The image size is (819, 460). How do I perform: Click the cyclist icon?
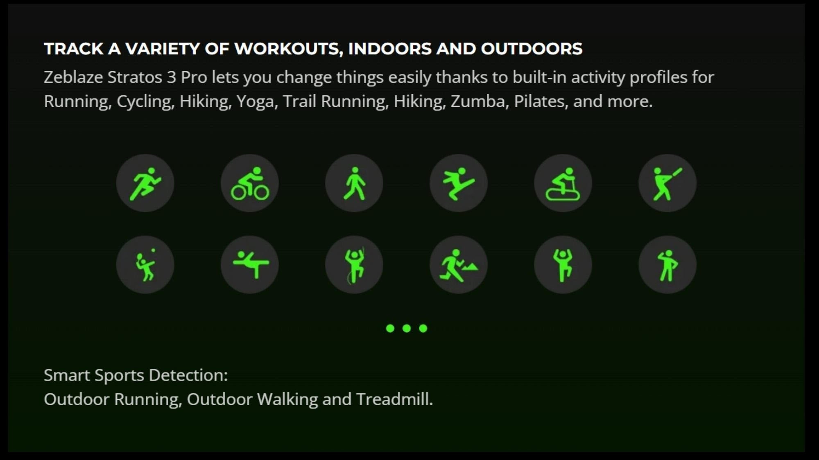250,183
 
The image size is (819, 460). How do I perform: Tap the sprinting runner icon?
145,183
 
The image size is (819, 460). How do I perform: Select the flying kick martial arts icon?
459,183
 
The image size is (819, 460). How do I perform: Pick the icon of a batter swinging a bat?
667,183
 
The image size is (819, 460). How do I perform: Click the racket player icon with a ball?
145,265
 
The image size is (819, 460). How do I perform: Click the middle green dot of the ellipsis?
407,328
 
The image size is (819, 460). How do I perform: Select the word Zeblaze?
73,77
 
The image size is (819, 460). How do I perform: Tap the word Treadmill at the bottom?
394,399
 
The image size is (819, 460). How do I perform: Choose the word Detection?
188,375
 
